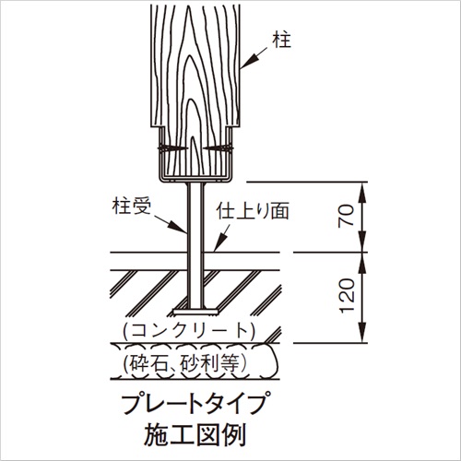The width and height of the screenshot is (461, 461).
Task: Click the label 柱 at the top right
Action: [x=281, y=41]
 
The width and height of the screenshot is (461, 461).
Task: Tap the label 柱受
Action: [x=132, y=206]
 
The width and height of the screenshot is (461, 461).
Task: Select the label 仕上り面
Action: [x=253, y=211]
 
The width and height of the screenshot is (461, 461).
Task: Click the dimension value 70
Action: [x=347, y=217]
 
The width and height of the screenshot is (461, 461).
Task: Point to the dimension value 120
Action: [x=348, y=296]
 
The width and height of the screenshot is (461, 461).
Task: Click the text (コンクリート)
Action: [x=189, y=331]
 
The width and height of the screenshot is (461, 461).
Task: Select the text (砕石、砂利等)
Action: [x=185, y=363]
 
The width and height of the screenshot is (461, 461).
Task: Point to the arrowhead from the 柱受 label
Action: [x=180, y=228]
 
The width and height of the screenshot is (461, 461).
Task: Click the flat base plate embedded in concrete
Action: [x=195, y=312]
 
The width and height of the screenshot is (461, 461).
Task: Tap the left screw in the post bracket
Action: [x=172, y=148]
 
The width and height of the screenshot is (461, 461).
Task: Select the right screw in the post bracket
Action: [x=218, y=148]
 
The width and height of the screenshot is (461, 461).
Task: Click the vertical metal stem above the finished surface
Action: [x=195, y=218]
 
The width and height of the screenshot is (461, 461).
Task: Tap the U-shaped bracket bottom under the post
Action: [x=195, y=179]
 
